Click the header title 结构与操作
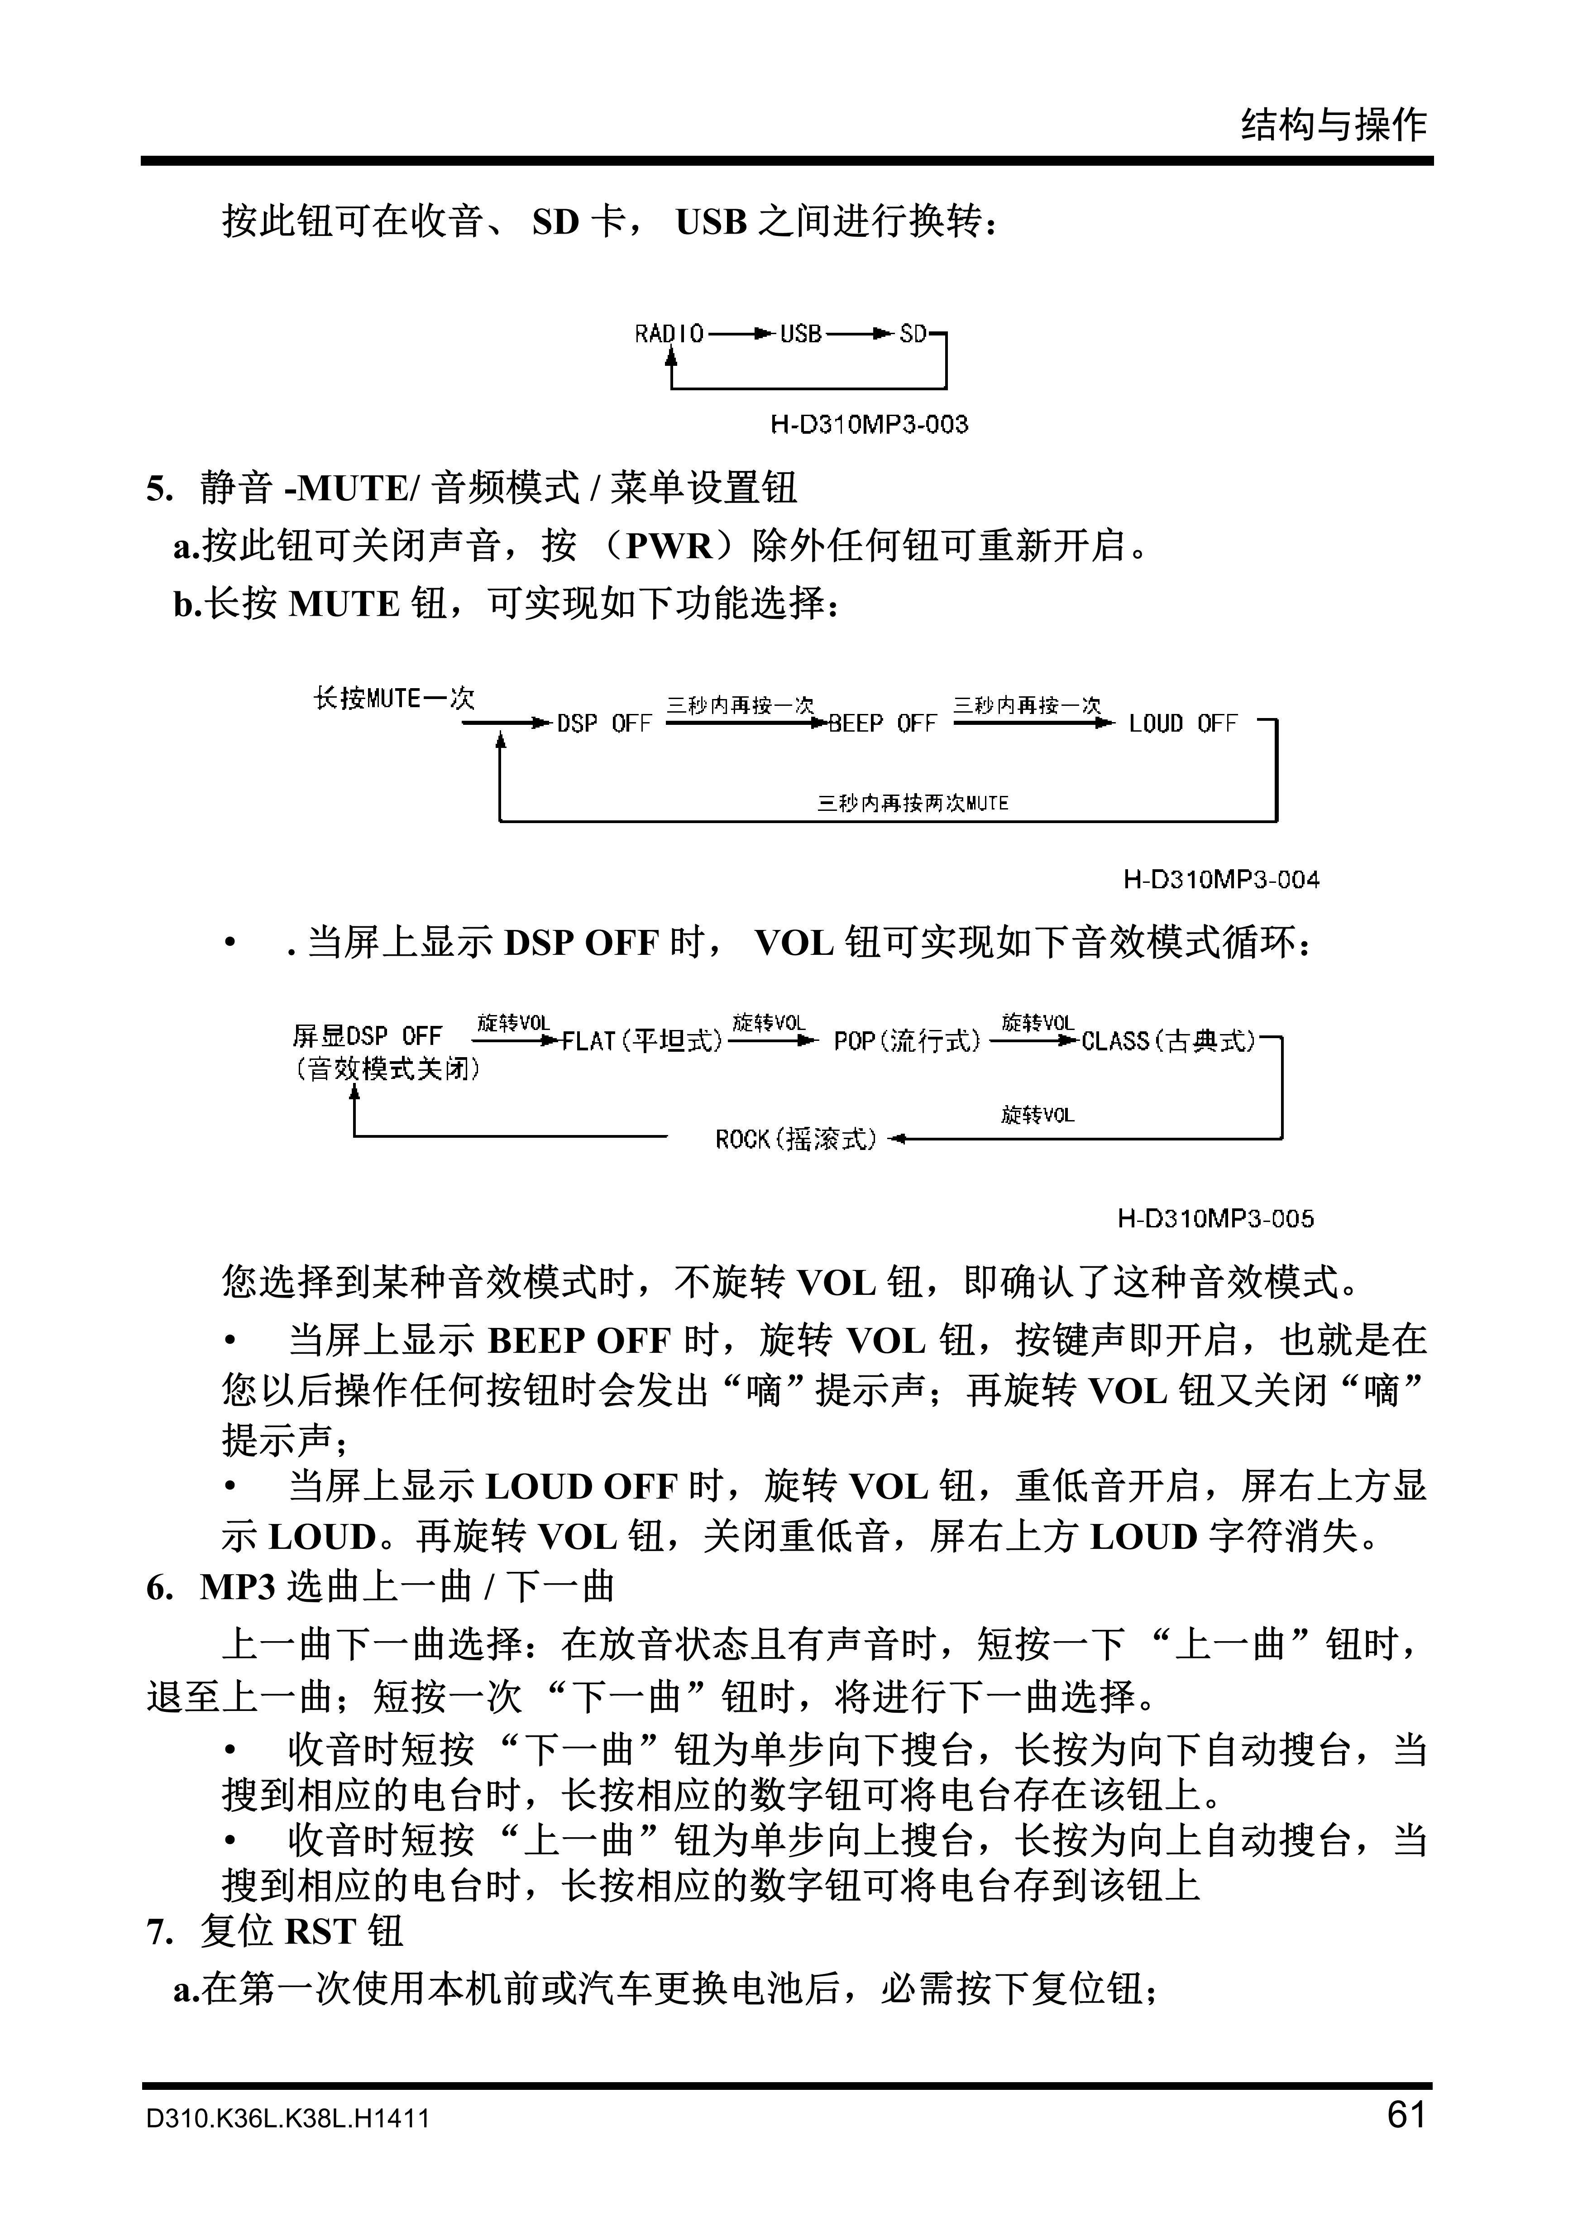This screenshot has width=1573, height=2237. (x=1334, y=125)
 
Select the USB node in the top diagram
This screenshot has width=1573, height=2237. (x=801, y=334)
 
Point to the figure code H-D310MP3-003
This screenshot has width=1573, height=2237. (x=869, y=425)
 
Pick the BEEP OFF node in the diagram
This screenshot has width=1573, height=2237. (x=881, y=724)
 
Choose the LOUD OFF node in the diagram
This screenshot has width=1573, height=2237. (x=1182, y=724)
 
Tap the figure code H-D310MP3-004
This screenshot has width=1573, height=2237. (x=1220, y=880)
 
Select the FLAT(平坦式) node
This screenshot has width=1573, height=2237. (x=642, y=1041)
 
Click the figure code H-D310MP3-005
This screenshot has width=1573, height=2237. (x=1214, y=1219)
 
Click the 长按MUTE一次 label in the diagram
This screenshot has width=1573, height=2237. (x=393, y=699)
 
